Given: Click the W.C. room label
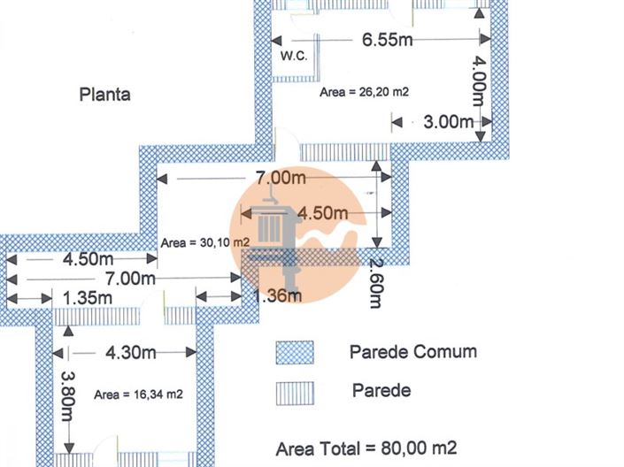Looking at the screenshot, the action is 294,56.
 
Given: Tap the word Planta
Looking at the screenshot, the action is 104,95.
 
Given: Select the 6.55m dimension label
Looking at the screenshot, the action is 387,40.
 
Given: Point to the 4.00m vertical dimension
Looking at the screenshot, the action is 479,80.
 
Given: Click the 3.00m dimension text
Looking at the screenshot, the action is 449,122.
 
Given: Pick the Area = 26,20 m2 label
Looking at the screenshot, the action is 364,92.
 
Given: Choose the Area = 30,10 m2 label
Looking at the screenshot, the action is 205,242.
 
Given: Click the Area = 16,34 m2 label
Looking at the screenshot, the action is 138,394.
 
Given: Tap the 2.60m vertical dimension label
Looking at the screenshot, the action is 375,283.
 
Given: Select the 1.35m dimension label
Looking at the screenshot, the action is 88,298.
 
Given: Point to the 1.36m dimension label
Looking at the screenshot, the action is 277,295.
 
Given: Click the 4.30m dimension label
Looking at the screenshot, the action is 130,352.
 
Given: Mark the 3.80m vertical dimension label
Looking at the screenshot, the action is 67,396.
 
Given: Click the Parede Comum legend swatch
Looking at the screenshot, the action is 295,352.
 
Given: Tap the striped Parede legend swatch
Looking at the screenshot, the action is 295,394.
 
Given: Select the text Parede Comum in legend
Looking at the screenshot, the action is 413,352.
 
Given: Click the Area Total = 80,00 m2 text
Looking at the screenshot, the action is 366,448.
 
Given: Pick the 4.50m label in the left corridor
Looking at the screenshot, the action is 88,259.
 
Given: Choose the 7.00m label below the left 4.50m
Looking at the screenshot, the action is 130,279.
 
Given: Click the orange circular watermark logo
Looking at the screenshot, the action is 298,233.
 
